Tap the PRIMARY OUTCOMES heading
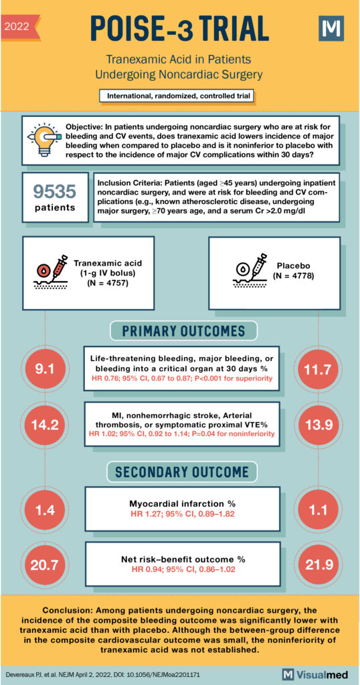[179, 330]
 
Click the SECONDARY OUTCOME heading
[179, 472]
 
